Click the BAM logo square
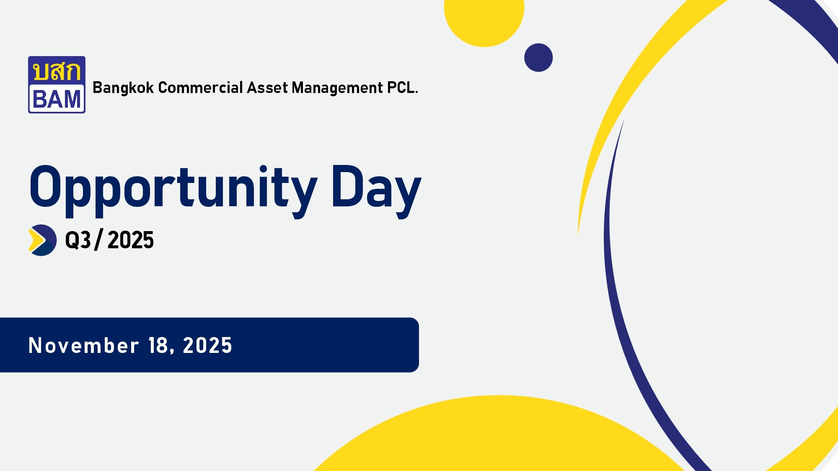(x=57, y=85)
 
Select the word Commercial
(x=200, y=88)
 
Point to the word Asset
(x=267, y=88)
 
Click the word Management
(x=337, y=88)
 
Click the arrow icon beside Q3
(x=42, y=240)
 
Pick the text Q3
(x=78, y=240)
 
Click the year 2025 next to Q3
(x=131, y=240)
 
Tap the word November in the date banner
(x=83, y=346)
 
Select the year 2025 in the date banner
(x=207, y=346)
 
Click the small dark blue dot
(x=538, y=58)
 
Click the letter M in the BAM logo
(x=71, y=100)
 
